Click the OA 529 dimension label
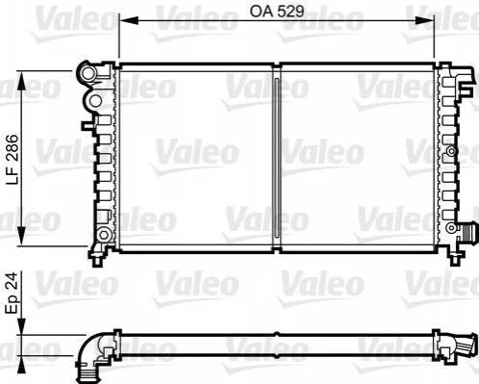point(276,12)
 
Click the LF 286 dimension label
point(13,160)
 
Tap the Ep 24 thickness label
point(13,293)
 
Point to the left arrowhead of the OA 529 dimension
point(128,21)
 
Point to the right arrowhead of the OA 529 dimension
point(425,21)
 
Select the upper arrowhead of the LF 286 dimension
point(21,81)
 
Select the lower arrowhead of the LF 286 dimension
point(21,236)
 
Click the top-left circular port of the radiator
point(88,73)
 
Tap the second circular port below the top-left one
point(95,101)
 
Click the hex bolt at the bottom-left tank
point(103,234)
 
